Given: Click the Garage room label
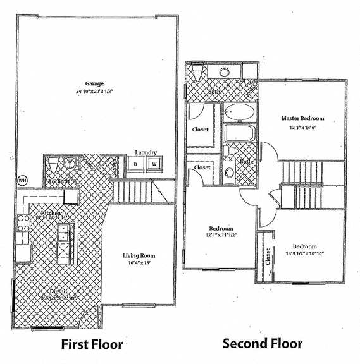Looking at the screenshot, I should (x=95, y=83).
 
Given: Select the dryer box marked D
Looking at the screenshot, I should (x=135, y=165).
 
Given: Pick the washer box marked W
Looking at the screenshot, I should (x=153, y=165).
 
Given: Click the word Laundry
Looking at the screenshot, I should (x=146, y=152).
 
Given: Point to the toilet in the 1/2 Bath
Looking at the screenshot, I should (x=53, y=166).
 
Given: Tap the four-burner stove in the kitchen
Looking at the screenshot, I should (x=23, y=223).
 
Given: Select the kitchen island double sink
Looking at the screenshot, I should (x=64, y=236).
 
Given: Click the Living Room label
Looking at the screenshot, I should (x=139, y=256).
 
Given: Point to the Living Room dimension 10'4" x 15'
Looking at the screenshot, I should (x=139, y=264).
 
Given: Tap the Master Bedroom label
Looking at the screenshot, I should (x=302, y=118).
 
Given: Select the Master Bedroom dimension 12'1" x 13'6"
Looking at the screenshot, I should (x=302, y=127).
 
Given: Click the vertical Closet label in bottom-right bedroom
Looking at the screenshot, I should (x=268, y=256).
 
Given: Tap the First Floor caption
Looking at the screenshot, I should (x=92, y=344).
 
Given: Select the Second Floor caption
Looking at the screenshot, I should (x=262, y=344).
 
